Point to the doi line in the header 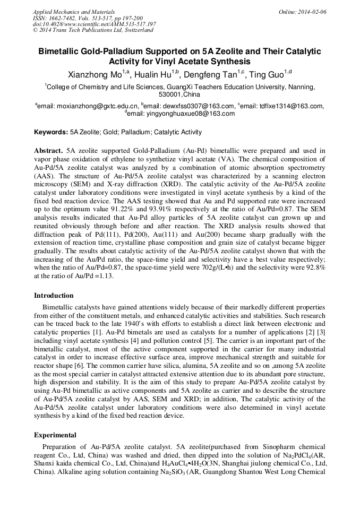(94, 24)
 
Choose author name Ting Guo (268, 74)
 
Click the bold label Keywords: (51, 132)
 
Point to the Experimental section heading (55, 435)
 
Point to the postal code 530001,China (180, 94)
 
